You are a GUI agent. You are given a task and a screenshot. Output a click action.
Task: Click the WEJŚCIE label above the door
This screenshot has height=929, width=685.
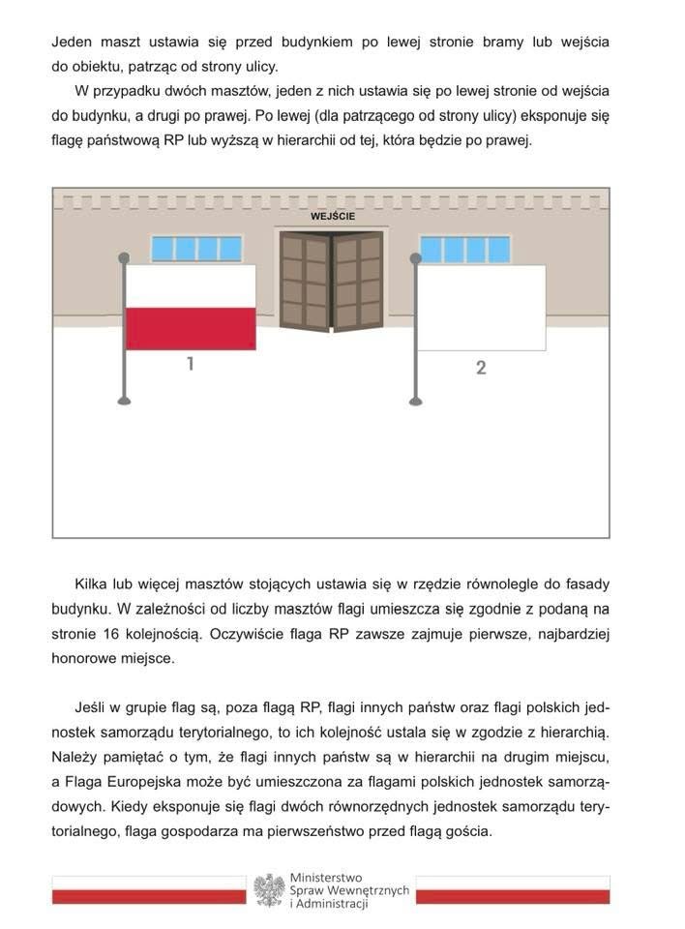[332, 216]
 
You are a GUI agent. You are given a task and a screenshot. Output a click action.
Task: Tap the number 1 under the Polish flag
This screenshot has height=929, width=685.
[191, 364]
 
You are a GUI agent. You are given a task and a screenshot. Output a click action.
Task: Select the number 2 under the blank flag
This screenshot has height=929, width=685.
[481, 368]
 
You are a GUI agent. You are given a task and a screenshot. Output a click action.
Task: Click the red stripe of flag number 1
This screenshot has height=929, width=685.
[191, 328]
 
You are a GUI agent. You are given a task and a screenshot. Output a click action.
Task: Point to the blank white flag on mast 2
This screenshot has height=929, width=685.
[481, 307]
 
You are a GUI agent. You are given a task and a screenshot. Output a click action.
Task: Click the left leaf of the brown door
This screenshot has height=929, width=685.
[305, 281]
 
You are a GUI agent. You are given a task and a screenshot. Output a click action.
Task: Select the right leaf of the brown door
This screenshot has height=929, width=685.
[358, 281]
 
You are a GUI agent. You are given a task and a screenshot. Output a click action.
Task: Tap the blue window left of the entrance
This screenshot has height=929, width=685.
[196, 249]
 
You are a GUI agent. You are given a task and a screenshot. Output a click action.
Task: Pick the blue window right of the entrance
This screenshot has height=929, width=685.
[464, 250]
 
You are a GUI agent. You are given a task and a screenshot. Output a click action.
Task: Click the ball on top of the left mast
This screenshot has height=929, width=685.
[123, 257]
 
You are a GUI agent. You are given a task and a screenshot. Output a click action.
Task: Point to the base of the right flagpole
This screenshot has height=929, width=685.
[416, 399]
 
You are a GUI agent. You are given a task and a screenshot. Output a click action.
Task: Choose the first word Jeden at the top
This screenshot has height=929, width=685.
[73, 44]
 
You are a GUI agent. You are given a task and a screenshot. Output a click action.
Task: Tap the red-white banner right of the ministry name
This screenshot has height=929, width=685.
[513, 890]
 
